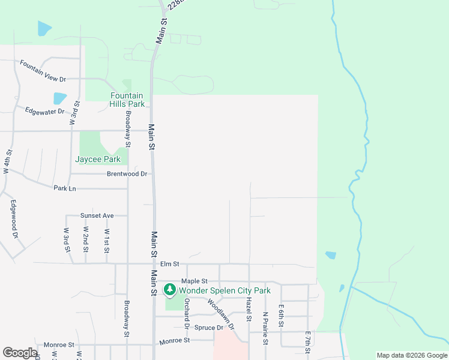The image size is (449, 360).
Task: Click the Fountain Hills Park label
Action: pos(127,100)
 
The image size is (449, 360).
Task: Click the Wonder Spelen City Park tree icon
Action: pos(170,290)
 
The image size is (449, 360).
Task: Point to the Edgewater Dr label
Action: pos(44,111)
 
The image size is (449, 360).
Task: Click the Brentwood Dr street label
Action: pos(127,174)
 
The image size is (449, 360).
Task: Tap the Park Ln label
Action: pos(65,188)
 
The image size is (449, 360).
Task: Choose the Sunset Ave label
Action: pos(97,215)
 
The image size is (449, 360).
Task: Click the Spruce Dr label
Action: pos(208,328)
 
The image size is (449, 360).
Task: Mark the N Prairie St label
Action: pos(265,328)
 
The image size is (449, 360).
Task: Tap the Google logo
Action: pos(20,353)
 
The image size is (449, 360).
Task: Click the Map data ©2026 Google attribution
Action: pos(411,355)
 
